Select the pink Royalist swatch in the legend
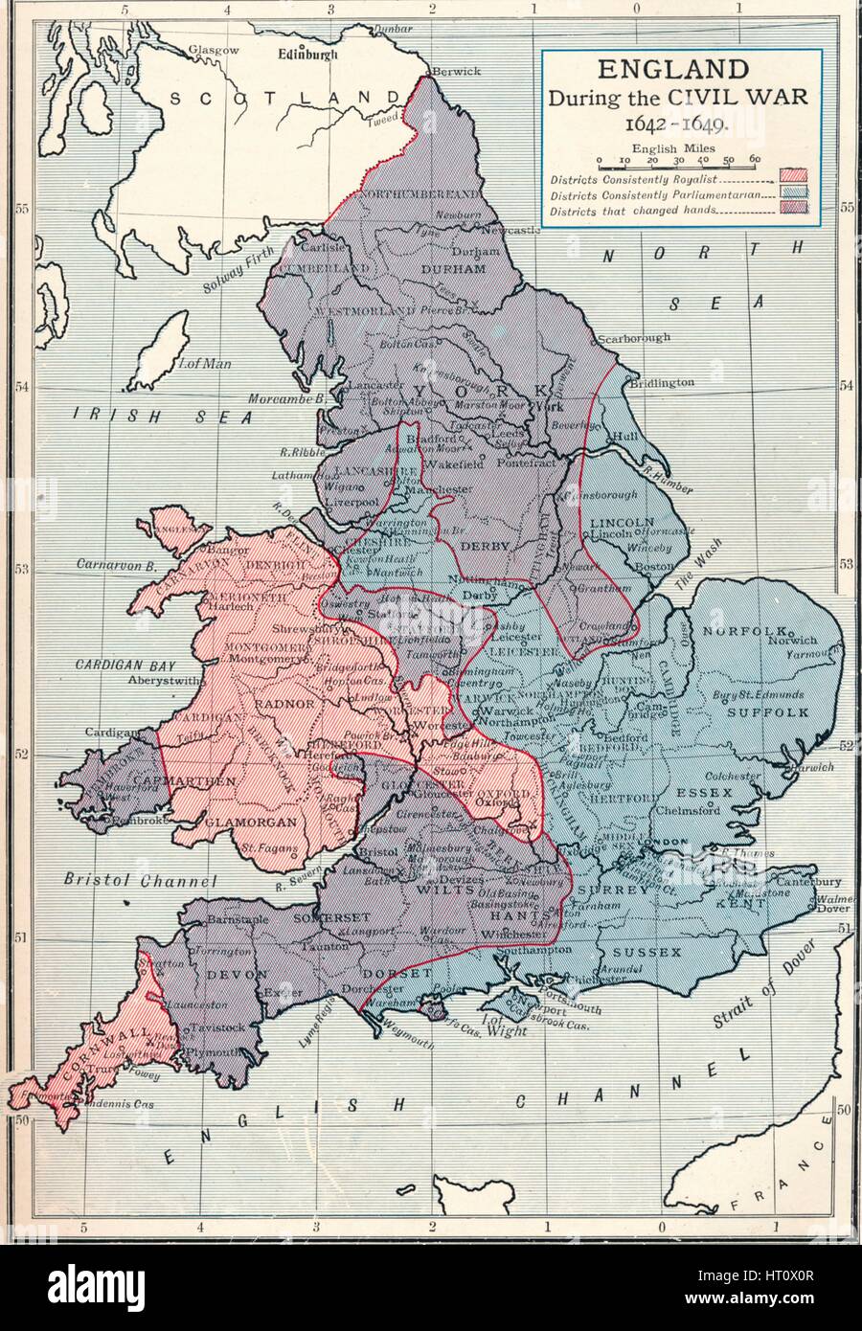coord(794,177)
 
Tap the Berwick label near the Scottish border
coord(452,71)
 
